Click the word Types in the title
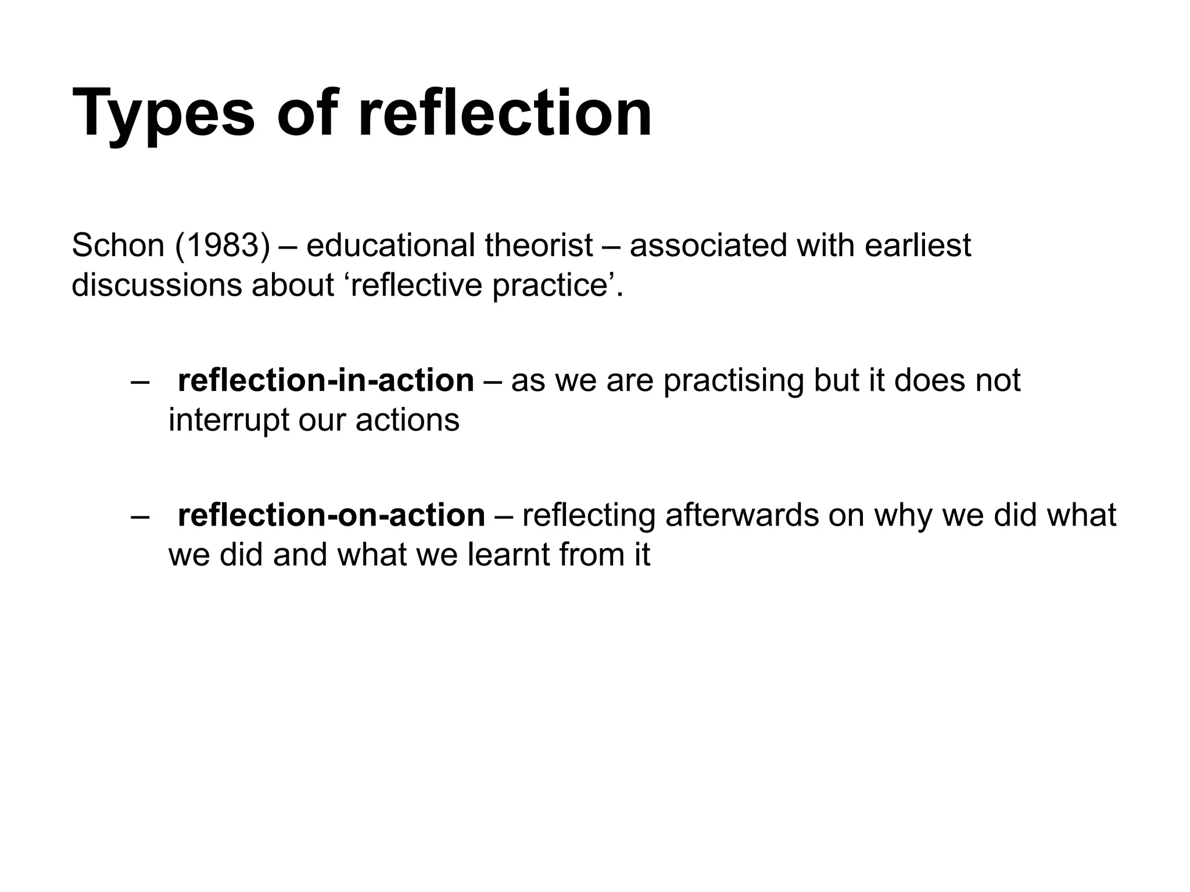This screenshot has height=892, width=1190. [163, 113]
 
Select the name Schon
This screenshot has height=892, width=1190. [118, 245]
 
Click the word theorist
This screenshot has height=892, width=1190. [539, 245]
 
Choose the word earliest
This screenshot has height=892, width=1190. [917, 245]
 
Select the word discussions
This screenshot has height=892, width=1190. [156, 285]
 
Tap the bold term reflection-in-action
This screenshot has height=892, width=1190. [326, 380]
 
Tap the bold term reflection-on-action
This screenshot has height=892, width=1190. [331, 515]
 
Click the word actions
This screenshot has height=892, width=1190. [407, 420]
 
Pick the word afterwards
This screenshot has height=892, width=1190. [741, 515]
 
